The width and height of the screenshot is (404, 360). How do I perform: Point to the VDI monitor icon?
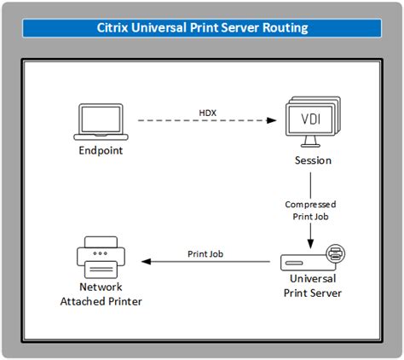point(311,124)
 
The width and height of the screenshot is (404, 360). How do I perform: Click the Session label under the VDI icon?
point(311,160)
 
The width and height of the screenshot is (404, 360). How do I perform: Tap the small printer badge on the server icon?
point(336,252)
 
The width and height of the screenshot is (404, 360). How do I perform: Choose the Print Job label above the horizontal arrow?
point(205,253)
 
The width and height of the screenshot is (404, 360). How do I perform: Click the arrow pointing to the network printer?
point(205,263)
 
